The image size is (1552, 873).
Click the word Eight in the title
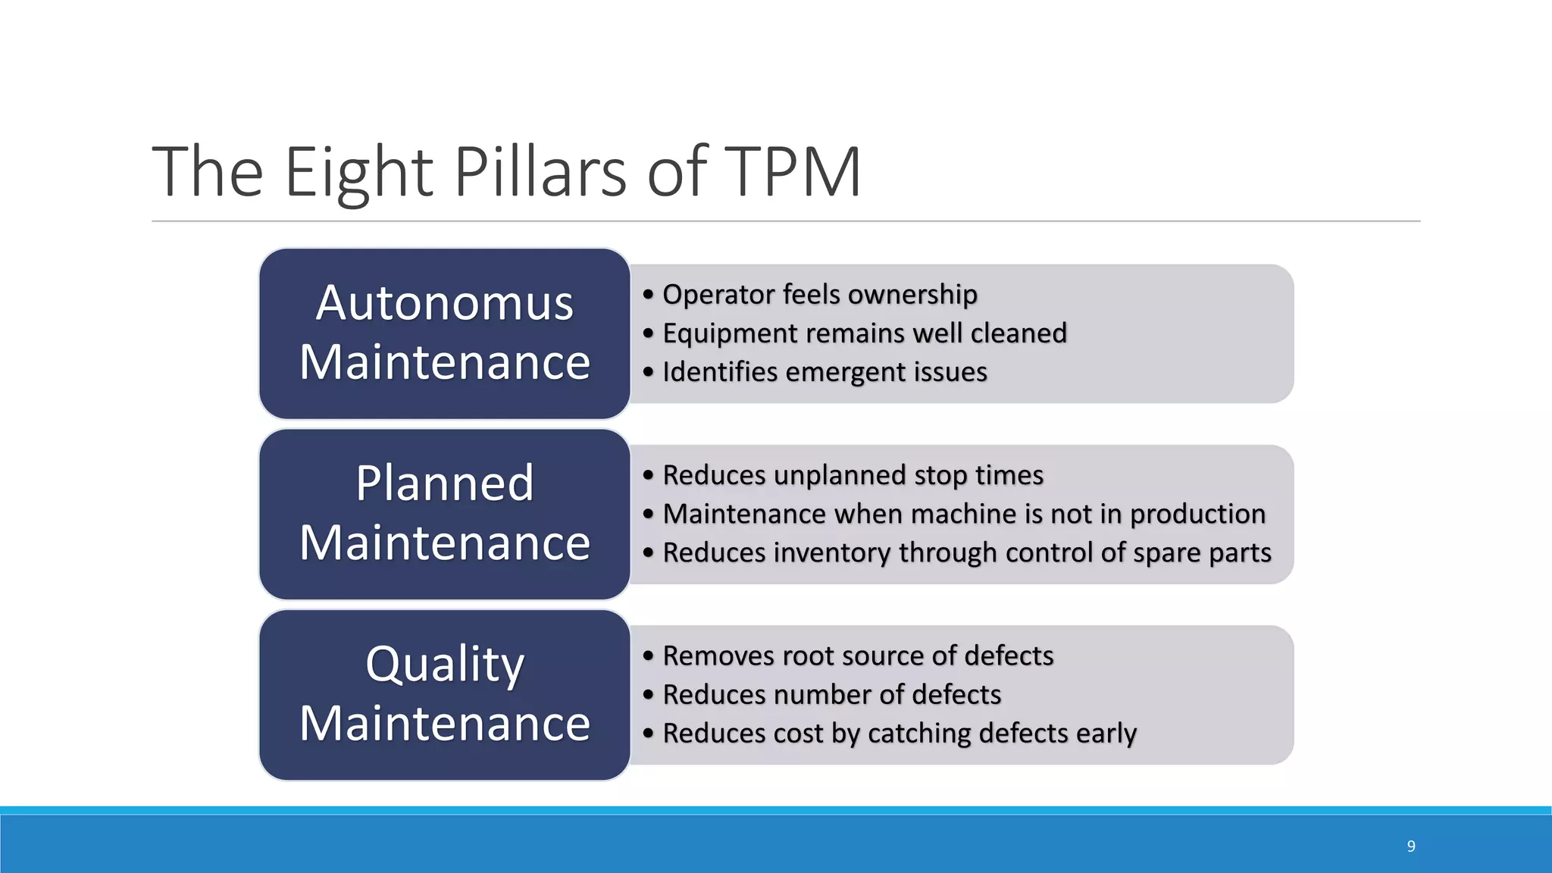[x=358, y=173]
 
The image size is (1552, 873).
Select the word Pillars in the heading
[x=540, y=173]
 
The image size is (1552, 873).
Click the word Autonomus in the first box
[x=445, y=303]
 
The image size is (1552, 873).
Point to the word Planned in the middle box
[x=445, y=483]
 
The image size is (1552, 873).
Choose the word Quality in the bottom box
[x=445, y=665]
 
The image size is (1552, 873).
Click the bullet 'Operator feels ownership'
[x=819, y=294]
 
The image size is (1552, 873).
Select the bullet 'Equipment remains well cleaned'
[x=864, y=333]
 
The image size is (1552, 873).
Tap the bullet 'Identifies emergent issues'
[x=824, y=372]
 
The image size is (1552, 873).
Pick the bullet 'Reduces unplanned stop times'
[x=853, y=475]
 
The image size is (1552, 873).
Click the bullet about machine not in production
[x=963, y=514]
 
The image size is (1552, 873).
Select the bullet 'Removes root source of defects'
[x=858, y=656]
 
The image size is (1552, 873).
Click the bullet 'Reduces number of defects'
[x=831, y=695]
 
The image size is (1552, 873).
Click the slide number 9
[x=1411, y=846]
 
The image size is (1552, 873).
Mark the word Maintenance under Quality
[x=445, y=724]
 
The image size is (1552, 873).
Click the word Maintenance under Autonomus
[x=445, y=362]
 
